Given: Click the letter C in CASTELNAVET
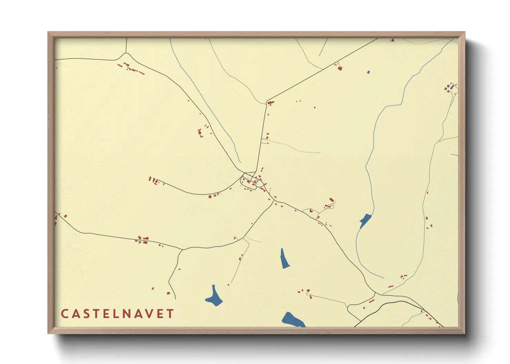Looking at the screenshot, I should (x=64, y=314).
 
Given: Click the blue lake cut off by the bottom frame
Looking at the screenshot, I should (x=293, y=320).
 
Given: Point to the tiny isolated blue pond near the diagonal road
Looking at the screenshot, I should (x=368, y=72).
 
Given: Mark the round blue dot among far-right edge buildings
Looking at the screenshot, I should (x=448, y=86).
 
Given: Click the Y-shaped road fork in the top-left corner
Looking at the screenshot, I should (x=126, y=54).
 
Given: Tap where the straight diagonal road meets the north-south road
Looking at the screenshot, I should (x=266, y=101).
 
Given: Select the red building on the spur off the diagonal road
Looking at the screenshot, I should (x=340, y=68).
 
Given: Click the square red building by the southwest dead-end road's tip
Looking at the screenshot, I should (x=168, y=293).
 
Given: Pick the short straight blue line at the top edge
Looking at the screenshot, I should (x=323, y=47).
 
